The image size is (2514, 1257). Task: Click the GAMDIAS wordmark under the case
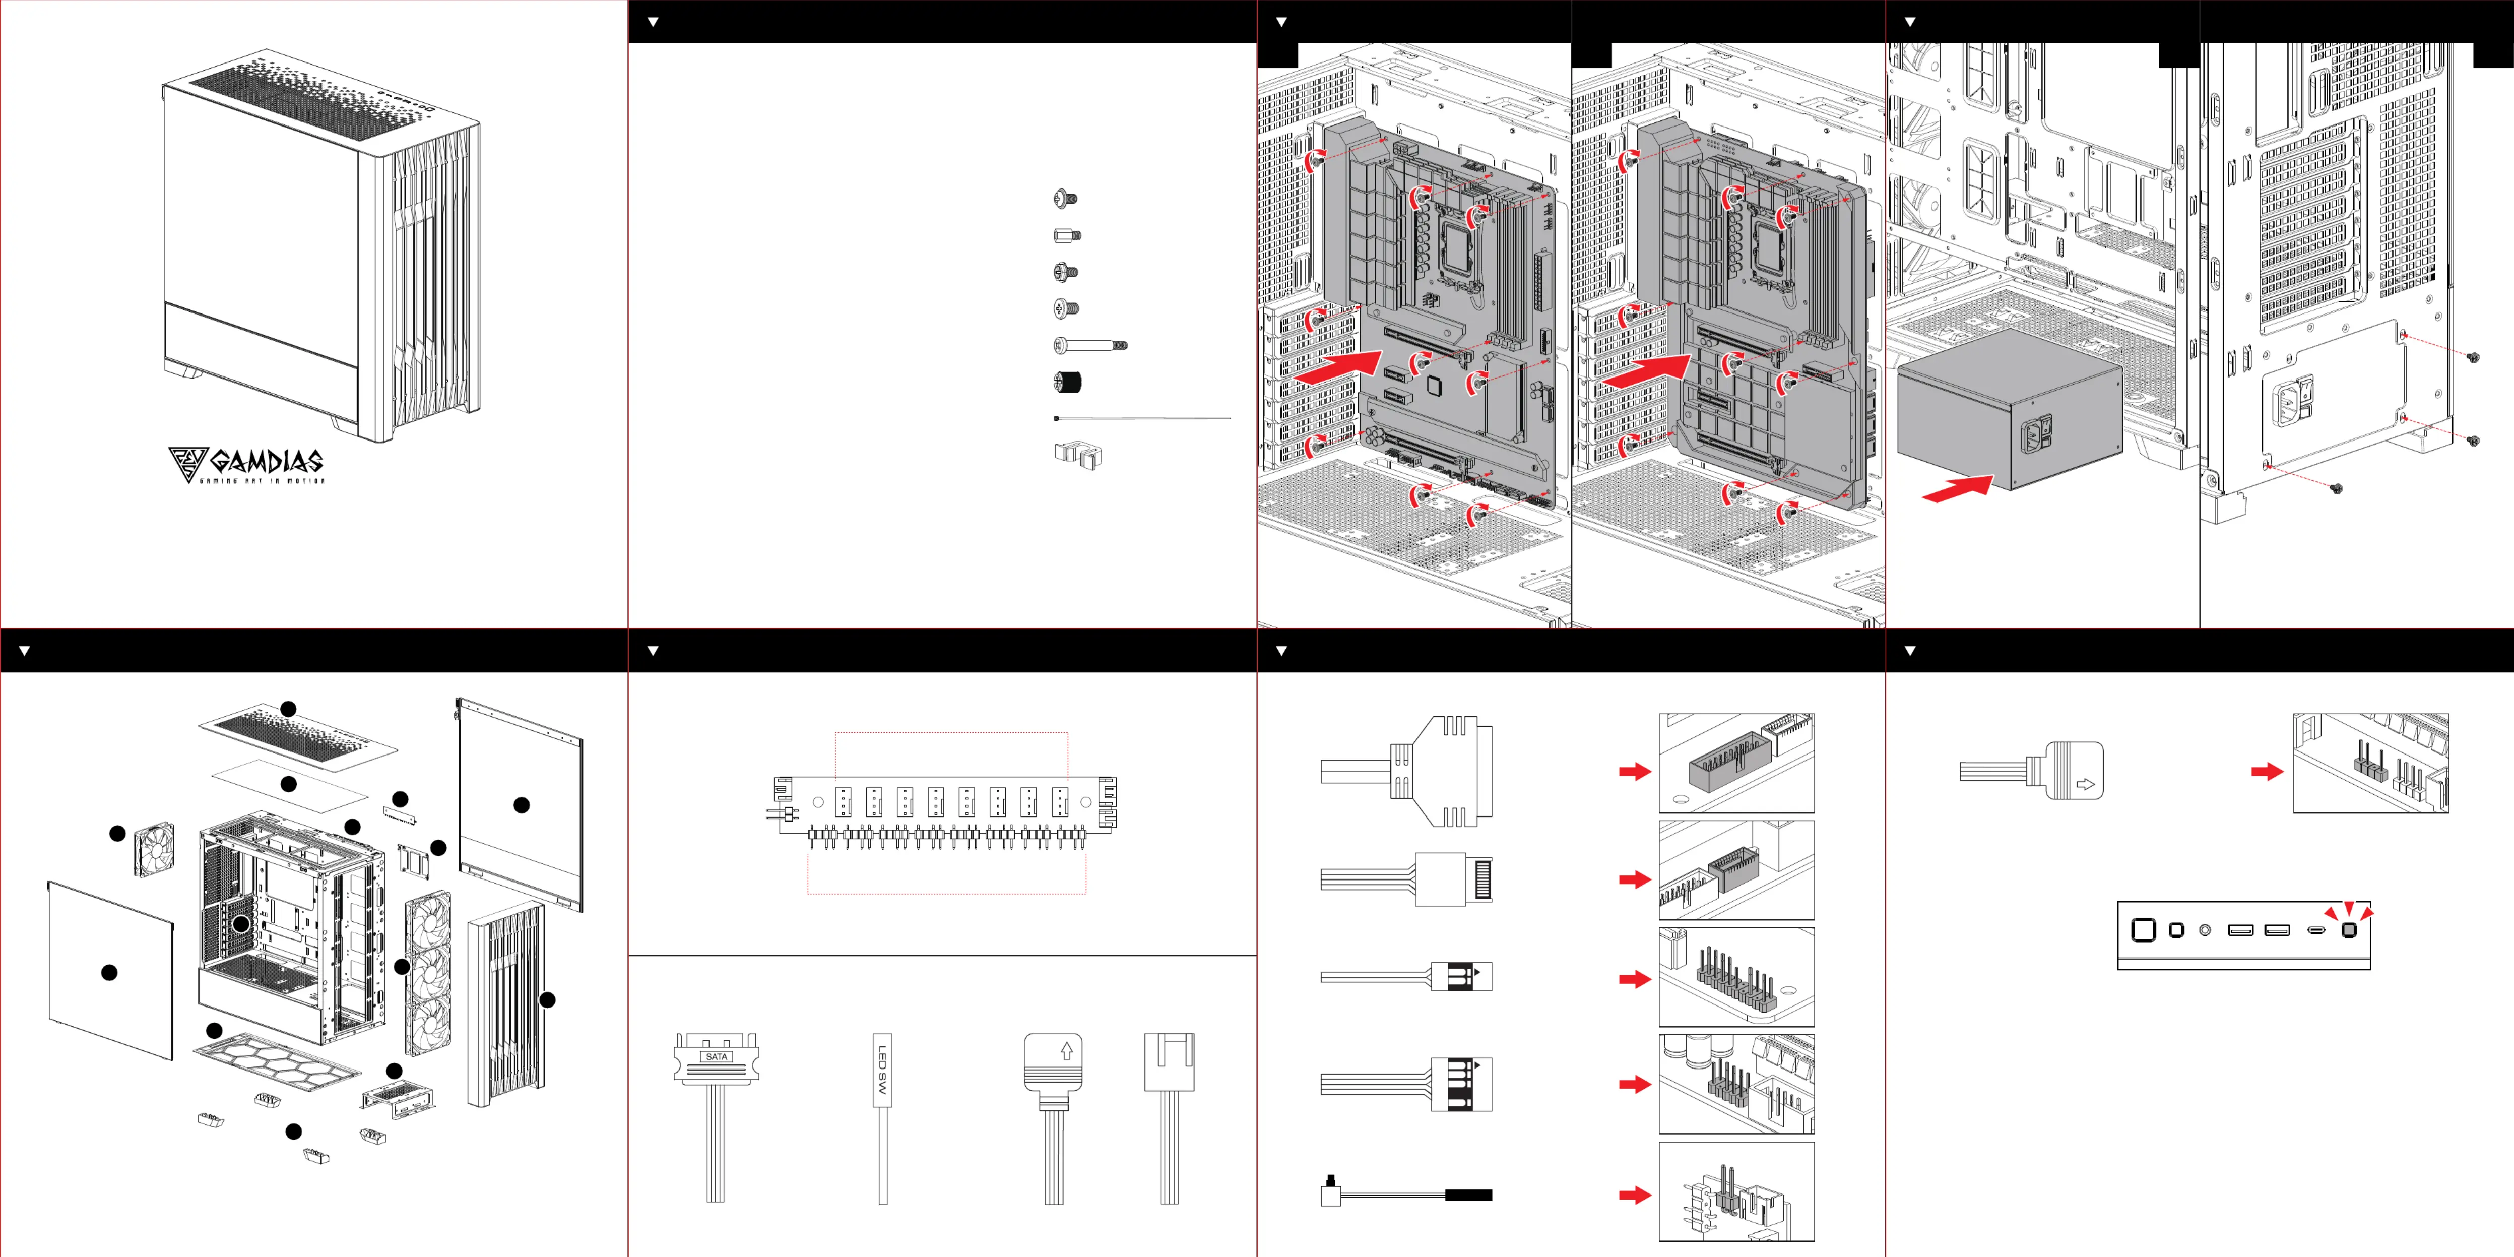[266, 461]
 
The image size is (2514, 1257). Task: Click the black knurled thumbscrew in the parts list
[1068, 382]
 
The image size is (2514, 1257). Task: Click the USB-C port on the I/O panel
[2316, 930]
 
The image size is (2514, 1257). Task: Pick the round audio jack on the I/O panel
[2205, 930]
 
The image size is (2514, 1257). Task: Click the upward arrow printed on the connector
[1067, 1051]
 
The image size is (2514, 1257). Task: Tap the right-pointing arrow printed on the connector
[2086, 784]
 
